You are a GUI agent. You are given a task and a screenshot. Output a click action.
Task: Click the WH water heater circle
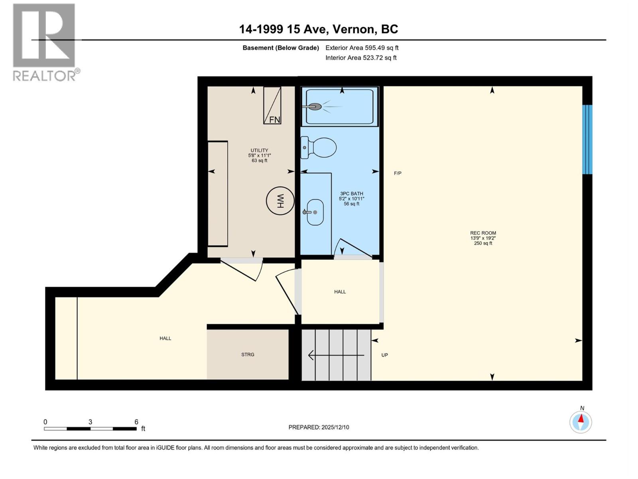pos(280,201)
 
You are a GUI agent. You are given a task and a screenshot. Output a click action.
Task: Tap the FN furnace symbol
pos(272,105)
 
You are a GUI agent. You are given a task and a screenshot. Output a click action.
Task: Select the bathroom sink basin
pos(315,212)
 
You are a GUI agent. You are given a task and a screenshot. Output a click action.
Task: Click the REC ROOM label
pos(483,233)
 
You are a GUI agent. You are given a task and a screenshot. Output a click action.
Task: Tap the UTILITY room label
pos(259,150)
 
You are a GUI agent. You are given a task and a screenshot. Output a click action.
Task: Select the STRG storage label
pos(248,354)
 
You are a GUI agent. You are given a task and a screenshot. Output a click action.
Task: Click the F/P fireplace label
pos(398,173)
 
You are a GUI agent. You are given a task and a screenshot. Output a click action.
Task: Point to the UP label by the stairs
pos(384,355)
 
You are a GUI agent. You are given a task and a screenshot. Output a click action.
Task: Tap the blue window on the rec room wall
pos(587,139)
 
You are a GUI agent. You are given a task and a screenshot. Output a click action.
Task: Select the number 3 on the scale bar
pos(91,422)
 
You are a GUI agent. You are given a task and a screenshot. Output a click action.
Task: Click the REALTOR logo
pos(45,42)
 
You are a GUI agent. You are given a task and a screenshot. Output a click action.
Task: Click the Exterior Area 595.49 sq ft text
pos(362,48)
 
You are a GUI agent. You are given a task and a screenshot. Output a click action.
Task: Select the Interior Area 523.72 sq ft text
pos(361,58)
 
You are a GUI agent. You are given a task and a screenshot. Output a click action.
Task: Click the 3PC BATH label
pos(351,194)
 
